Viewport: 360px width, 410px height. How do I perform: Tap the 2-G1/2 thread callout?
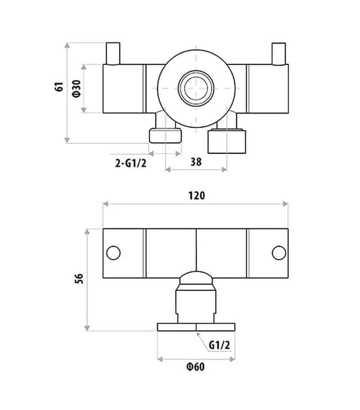click(131, 163)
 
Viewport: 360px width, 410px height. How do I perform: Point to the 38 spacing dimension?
click(196, 161)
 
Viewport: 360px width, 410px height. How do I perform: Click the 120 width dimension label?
click(196, 196)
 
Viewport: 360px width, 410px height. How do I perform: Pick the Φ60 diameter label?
click(196, 367)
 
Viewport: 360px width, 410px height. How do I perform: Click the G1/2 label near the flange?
click(219, 345)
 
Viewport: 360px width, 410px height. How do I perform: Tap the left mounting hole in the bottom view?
click(113, 253)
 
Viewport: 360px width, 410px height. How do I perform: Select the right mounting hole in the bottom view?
click(279, 253)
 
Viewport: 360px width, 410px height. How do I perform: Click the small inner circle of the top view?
click(196, 87)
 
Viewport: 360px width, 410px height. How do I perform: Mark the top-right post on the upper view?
click(279, 53)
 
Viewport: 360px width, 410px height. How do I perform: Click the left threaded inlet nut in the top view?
click(165, 135)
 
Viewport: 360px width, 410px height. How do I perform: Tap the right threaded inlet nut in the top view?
click(227, 140)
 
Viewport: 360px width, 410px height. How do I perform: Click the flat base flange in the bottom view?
click(196, 327)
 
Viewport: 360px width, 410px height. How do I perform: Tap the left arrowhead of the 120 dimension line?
click(106, 204)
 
